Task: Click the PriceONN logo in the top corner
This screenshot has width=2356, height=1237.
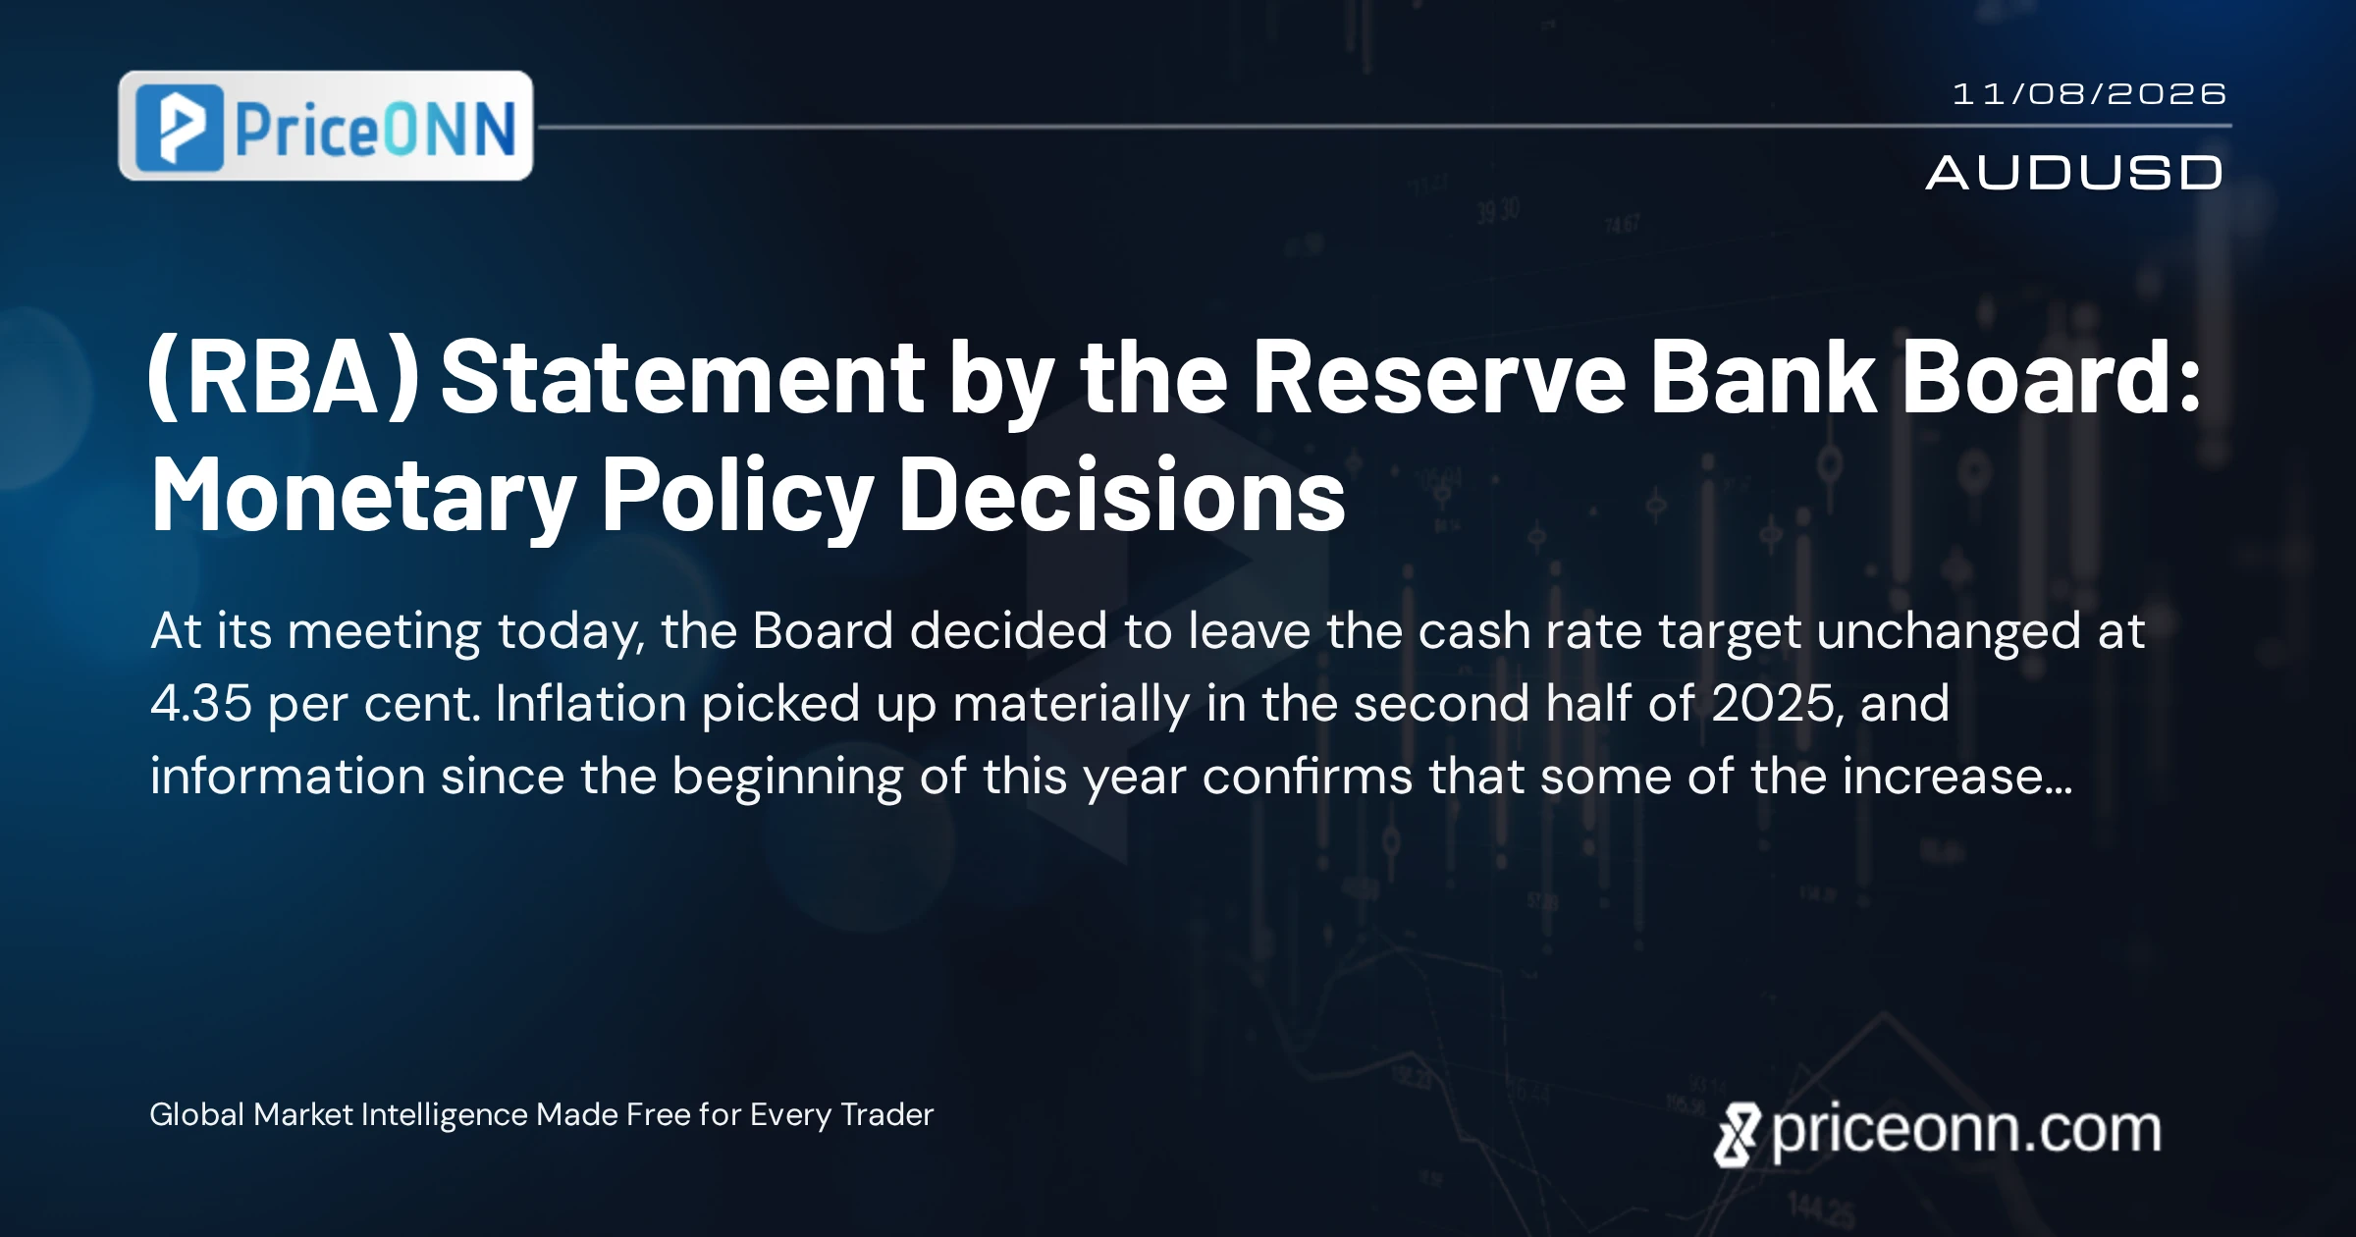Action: [x=325, y=126]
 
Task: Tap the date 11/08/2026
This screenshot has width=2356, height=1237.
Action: [x=2089, y=94]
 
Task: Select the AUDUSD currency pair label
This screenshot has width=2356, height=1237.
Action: [x=2074, y=173]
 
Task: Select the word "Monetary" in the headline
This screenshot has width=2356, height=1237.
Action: [x=364, y=496]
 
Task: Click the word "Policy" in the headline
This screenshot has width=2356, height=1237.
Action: [x=737, y=496]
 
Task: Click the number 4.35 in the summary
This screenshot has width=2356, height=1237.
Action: [x=201, y=703]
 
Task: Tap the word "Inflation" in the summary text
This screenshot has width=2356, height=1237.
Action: [x=590, y=703]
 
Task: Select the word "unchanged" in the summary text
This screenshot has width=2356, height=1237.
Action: [x=1949, y=631]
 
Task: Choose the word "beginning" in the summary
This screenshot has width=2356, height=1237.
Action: [x=787, y=778]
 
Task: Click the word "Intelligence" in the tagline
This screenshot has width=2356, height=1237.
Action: [x=445, y=1115]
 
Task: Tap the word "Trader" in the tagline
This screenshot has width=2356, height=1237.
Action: [x=887, y=1114]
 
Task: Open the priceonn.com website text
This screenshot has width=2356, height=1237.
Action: [x=1966, y=1131]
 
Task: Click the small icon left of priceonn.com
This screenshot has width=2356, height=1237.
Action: [x=1737, y=1135]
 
